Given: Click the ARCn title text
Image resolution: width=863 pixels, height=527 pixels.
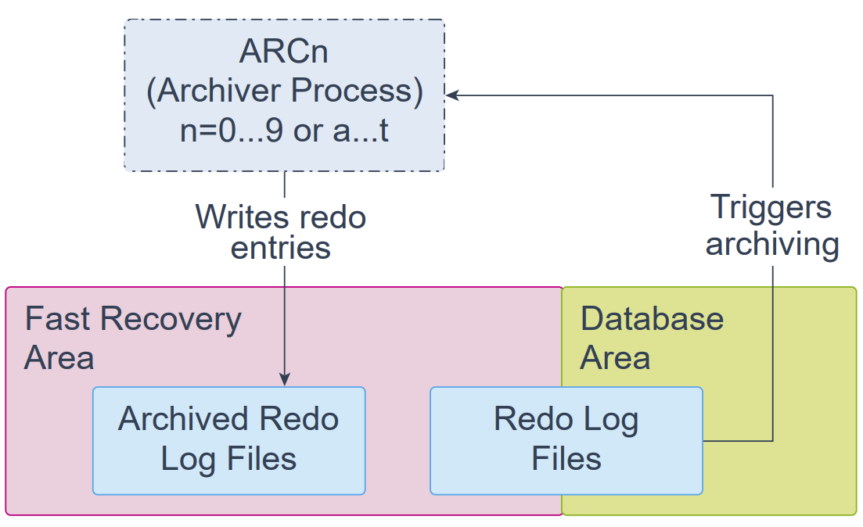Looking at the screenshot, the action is point(284,52).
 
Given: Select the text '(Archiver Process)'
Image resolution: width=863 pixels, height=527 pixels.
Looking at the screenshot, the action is point(285,91).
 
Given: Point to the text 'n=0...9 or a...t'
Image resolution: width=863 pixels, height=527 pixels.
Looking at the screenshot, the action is point(284,131).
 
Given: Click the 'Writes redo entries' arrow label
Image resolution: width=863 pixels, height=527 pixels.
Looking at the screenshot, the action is point(281,232).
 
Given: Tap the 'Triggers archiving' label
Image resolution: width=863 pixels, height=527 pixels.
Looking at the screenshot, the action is point(773,225).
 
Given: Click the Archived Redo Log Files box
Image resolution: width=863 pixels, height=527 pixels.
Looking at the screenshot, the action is point(229,441).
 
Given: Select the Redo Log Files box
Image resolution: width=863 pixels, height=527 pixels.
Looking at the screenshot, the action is point(566,441).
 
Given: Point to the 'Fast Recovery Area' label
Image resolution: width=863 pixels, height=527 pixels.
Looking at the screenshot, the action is point(133,339).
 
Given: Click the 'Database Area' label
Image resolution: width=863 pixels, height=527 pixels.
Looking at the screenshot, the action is point(653,339).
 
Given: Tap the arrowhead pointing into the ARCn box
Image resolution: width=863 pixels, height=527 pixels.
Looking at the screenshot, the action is point(451,95).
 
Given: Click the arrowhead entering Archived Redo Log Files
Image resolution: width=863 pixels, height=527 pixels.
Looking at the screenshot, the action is point(285,379).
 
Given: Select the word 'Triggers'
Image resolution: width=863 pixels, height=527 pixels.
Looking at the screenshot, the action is point(771,208).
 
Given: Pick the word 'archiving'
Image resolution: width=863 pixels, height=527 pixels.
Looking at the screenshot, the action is point(773,244).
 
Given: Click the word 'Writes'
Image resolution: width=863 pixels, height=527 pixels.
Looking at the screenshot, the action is point(243,217).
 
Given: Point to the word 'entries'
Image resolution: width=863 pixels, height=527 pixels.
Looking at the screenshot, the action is point(281,248).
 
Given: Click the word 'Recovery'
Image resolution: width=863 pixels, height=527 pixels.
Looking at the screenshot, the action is point(171,320).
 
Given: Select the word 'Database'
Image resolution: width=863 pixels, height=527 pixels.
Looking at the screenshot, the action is point(653,319).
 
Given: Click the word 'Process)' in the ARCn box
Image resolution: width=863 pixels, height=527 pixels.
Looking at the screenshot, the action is point(358,91).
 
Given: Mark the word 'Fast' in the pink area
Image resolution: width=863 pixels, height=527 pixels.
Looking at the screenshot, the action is point(57,319).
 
